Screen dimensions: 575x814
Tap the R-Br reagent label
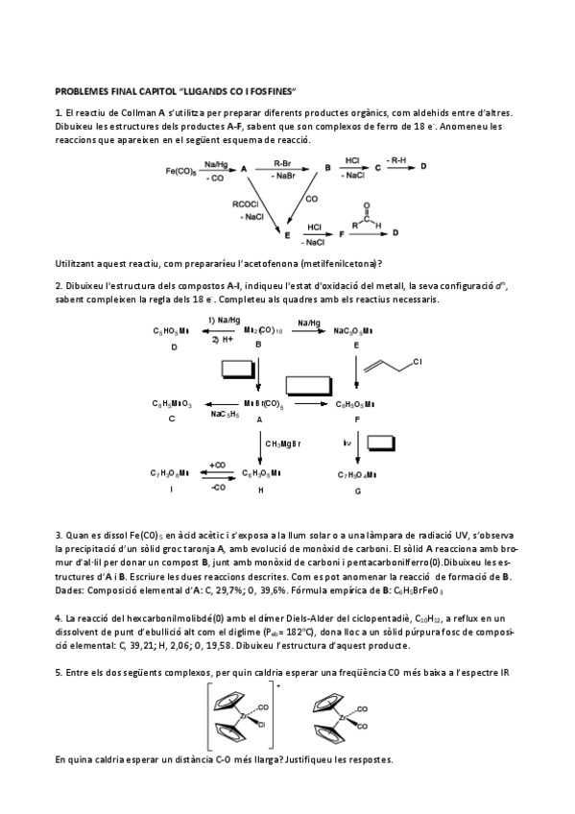click(282, 163)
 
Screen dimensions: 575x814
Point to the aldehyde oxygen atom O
click(367, 204)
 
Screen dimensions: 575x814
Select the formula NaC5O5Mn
click(353, 330)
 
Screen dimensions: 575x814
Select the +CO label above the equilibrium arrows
click(216, 465)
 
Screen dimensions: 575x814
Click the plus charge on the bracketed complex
click(278, 687)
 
